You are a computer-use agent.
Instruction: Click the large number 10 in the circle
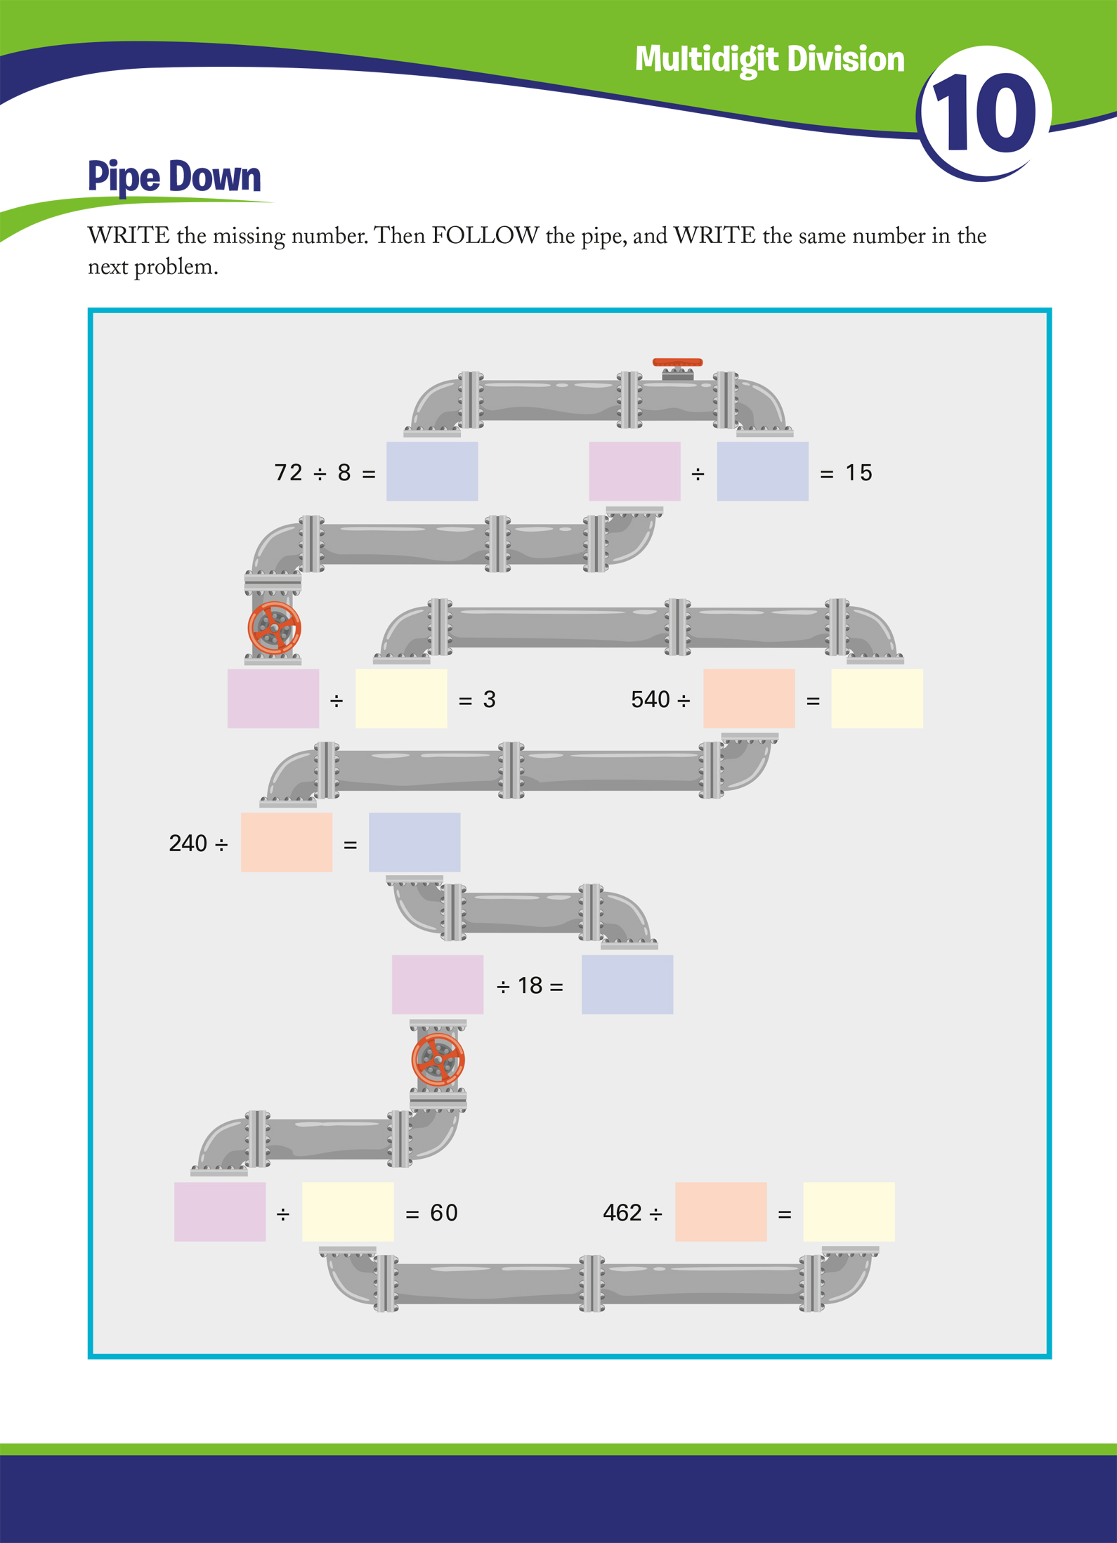(984, 114)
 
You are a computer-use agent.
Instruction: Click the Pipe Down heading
(174, 176)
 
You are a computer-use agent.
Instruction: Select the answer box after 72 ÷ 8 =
(432, 471)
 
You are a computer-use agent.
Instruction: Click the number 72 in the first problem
(288, 473)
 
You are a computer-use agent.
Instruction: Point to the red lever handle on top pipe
(677, 362)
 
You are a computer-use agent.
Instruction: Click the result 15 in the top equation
(858, 473)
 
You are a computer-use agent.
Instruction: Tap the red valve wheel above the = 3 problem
(274, 628)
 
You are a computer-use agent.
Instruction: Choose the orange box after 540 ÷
(749, 698)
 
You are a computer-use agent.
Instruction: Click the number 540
(650, 700)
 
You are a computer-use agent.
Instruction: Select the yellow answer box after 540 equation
(877, 698)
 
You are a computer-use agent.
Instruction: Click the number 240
(188, 843)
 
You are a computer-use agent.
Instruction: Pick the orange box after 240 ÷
(286, 842)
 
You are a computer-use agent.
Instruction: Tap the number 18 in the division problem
(530, 985)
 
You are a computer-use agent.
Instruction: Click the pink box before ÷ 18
(437, 984)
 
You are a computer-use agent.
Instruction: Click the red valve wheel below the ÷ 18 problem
(438, 1060)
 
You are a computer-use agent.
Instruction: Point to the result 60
(443, 1212)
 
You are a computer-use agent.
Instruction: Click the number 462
(622, 1212)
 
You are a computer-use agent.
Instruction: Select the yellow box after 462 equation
(849, 1212)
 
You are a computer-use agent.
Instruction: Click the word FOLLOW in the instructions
(485, 235)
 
